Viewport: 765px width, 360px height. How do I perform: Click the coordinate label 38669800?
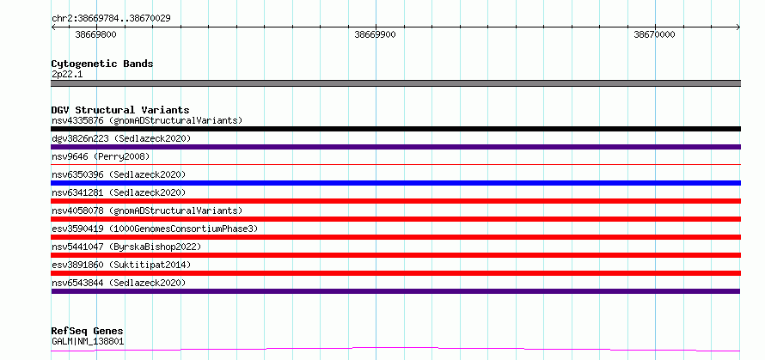tap(96, 34)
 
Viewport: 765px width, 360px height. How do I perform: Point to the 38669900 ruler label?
tap(375, 34)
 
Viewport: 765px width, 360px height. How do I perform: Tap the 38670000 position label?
tap(654, 34)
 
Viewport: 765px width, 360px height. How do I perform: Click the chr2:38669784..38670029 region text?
tap(111, 19)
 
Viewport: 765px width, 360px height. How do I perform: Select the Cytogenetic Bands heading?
tap(102, 64)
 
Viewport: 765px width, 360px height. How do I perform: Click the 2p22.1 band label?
tap(67, 75)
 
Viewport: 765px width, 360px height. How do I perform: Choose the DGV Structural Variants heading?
tap(120, 110)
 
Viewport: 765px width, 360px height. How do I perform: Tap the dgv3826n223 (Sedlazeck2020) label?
tap(121, 138)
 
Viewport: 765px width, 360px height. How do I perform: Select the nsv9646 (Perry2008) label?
tap(101, 156)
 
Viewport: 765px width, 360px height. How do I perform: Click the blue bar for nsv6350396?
tap(395, 183)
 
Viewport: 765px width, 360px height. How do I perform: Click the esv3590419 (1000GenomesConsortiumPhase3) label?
tap(155, 229)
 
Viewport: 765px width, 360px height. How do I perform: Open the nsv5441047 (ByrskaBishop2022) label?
tap(126, 247)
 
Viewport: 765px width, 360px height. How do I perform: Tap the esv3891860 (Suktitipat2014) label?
tap(121, 265)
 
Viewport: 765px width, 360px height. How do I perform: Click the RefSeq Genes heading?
tap(87, 332)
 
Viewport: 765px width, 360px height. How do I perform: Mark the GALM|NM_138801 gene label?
tap(88, 342)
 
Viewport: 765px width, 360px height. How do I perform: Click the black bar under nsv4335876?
tap(395, 129)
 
